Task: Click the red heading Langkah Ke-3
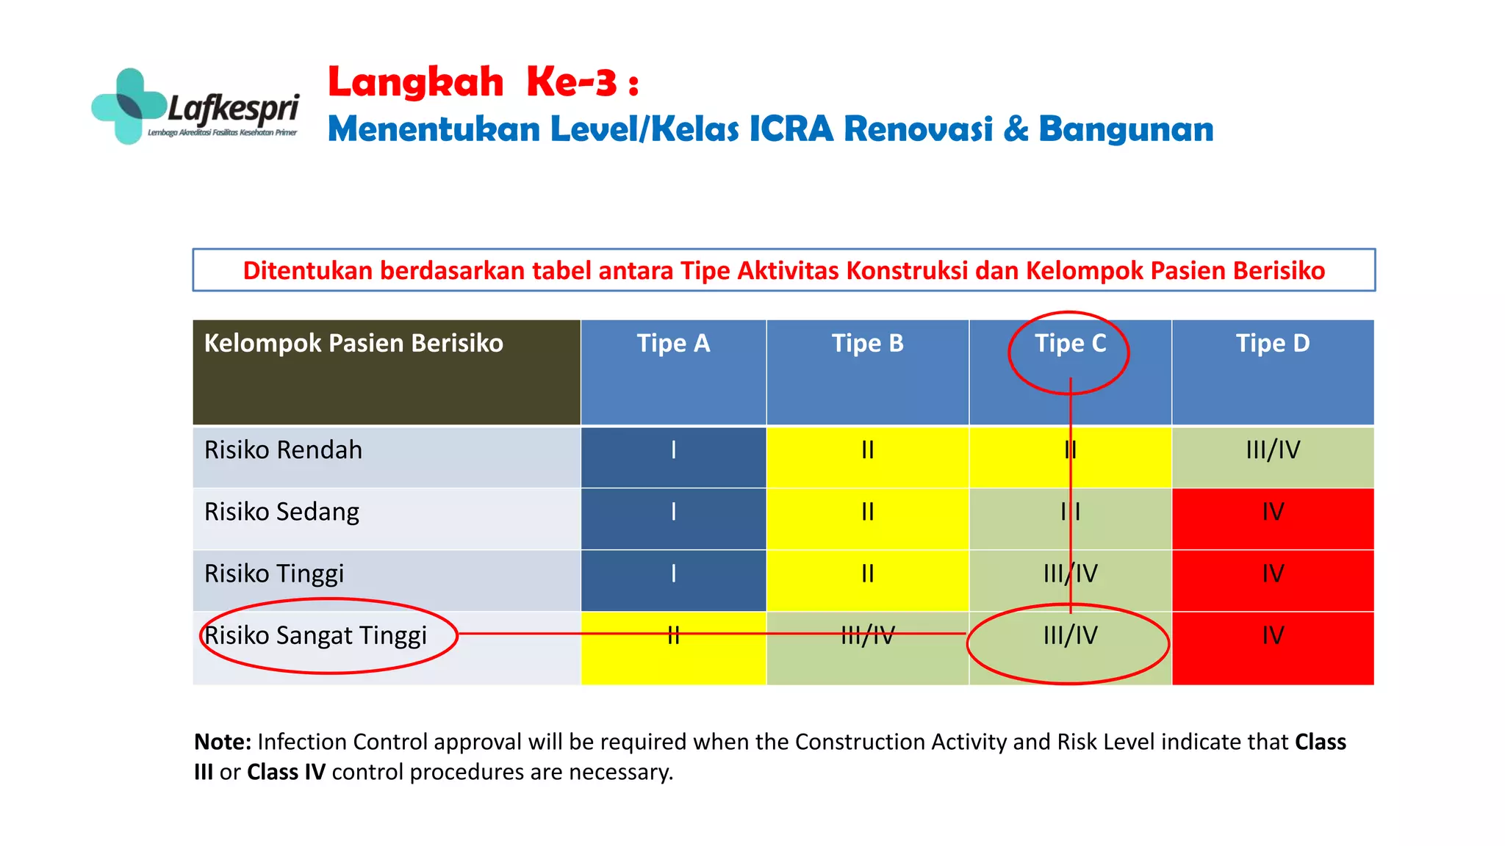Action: (483, 82)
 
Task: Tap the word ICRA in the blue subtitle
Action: (791, 129)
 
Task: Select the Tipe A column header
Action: (673, 344)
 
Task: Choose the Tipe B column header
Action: (867, 344)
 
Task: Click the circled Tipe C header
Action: (1070, 344)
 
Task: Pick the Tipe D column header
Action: (1272, 344)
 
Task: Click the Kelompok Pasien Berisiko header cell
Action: (353, 344)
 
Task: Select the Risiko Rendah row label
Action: (283, 450)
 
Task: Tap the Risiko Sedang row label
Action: (281, 512)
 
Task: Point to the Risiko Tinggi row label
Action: (274, 574)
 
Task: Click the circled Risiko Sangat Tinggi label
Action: (315, 635)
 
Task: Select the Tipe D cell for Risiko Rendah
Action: (1272, 450)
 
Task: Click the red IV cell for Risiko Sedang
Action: (1272, 512)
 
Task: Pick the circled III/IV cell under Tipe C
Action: (1070, 636)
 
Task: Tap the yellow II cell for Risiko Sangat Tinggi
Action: (673, 646)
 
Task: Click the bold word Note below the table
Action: (222, 742)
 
